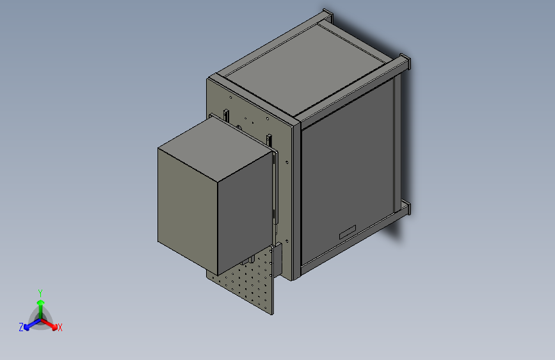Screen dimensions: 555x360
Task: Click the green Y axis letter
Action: pos(40,293)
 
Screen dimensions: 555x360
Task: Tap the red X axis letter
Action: pos(60,327)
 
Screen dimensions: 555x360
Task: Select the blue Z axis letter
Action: pos(21,327)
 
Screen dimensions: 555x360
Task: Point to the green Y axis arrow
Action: pos(41,309)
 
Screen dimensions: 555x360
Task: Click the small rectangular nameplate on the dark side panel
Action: pos(348,232)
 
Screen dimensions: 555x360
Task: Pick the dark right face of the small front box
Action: pos(245,213)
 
